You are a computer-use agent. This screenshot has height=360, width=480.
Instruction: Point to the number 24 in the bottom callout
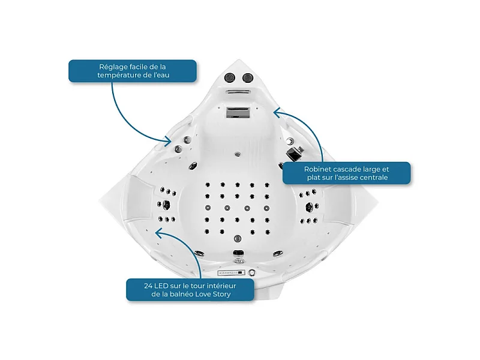point(148,286)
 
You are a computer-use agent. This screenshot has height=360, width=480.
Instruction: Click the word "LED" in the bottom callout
point(161,286)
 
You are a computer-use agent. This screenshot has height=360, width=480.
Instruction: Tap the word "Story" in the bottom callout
point(221,294)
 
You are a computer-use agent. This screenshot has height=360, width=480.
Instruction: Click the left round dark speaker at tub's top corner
point(229,77)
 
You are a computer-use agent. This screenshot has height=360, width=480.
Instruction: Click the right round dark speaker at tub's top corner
point(247,78)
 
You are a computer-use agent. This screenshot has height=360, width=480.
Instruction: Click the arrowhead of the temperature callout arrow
point(168,141)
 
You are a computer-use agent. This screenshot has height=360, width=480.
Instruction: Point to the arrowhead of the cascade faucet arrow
point(277,113)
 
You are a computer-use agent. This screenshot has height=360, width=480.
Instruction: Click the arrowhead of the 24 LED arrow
point(159,233)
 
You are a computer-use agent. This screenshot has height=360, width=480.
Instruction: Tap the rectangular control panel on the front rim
point(232,272)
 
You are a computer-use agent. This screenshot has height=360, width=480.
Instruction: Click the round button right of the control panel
point(251,272)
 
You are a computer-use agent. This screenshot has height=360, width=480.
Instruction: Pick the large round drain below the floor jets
point(238,238)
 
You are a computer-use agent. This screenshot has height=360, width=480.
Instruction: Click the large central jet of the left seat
point(166,204)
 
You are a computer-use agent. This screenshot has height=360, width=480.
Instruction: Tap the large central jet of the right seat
point(309,207)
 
